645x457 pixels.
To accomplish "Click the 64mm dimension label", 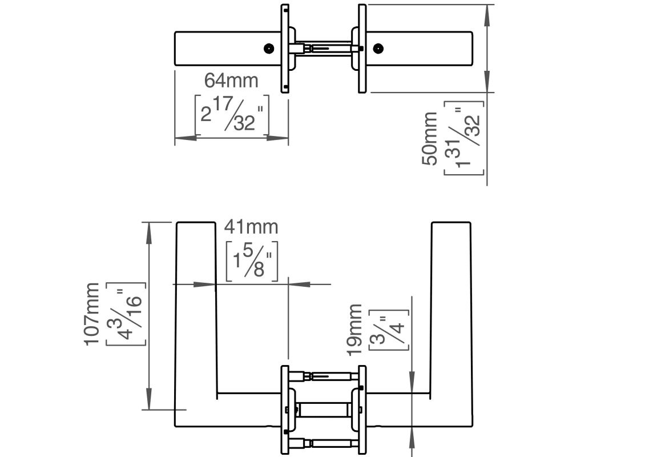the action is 231,81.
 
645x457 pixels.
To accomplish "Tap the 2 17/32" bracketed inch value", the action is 232,115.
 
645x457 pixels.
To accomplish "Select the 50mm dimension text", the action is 430,138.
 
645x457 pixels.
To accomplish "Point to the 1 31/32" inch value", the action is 464,138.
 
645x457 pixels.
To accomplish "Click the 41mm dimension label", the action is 251,227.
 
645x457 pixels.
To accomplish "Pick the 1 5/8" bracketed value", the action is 252,261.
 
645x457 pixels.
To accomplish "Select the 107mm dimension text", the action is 92,314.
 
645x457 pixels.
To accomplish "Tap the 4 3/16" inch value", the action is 126,314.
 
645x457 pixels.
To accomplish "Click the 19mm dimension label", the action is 354,330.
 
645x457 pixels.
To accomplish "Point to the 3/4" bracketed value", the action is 389,330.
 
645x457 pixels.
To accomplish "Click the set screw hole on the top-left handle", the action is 269,49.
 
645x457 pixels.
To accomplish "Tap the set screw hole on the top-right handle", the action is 378,49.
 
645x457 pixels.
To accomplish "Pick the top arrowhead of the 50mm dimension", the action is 487,15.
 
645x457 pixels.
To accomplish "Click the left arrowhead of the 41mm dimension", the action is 204,284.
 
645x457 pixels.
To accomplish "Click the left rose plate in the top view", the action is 285,49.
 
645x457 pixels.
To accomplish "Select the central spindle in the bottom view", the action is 323,410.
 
